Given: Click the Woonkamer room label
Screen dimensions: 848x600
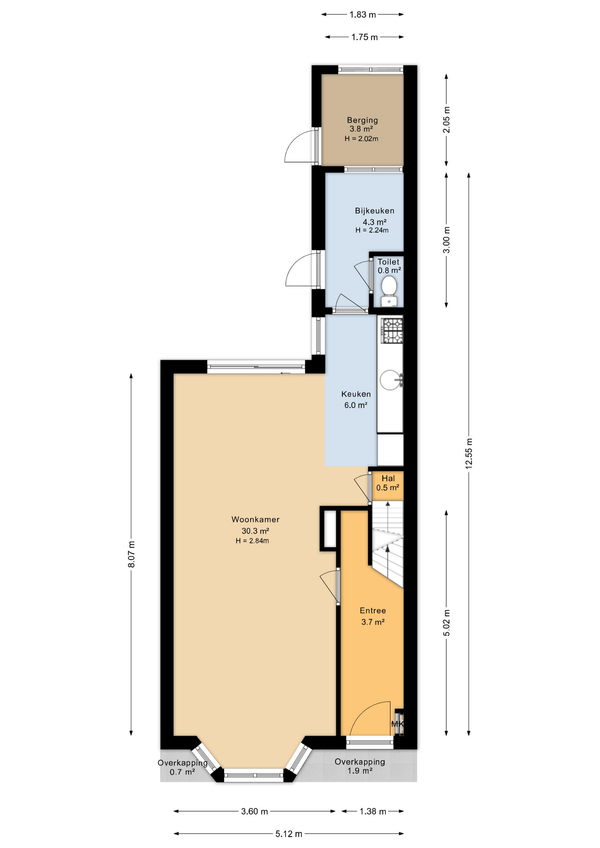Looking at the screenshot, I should coord(255,520).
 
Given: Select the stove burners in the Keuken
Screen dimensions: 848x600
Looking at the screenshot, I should coord(392,331).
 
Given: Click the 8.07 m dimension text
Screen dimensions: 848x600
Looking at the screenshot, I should coord(131,555).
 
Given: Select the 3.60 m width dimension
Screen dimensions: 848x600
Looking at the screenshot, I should coord(254,811).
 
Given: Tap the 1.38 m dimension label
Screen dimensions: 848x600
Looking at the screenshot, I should coord(373,811).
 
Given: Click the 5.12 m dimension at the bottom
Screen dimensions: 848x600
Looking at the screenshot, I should coord(289,834).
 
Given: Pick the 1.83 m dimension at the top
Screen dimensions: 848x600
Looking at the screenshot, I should coord(362,15).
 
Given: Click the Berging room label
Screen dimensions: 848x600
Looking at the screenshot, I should coord(362,120).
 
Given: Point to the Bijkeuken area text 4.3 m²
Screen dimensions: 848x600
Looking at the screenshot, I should coord(375,222).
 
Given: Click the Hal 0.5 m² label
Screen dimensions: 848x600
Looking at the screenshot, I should coord(388,483).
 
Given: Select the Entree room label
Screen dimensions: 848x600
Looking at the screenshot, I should coord(373,611).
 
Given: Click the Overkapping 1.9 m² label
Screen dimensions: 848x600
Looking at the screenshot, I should coord(360,766).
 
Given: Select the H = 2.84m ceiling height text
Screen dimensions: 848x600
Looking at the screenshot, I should coord(252,541).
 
